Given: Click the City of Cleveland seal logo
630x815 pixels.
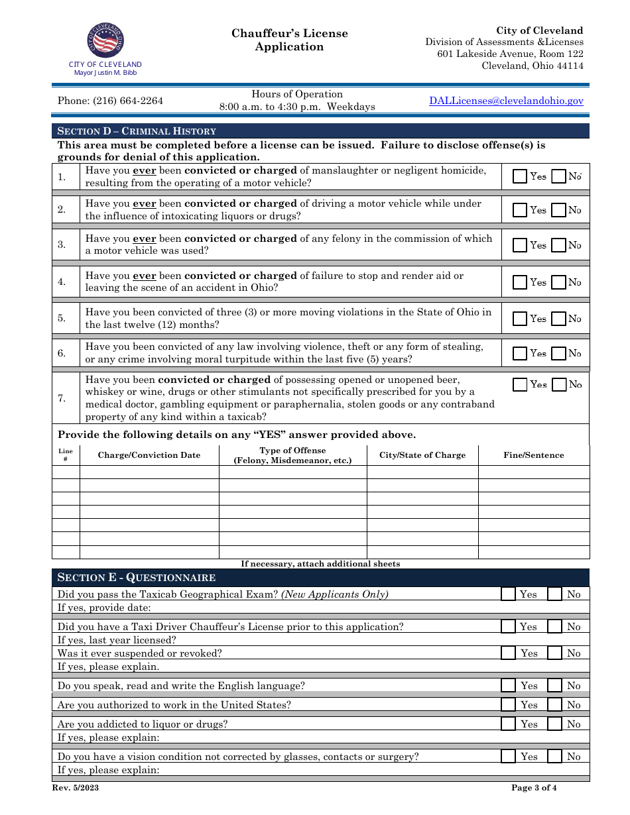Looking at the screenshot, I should [105, 40].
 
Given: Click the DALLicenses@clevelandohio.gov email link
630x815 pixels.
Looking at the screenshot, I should [506, 101].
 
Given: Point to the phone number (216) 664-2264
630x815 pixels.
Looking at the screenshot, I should [110, 101].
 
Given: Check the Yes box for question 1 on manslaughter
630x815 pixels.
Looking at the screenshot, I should [521, 176].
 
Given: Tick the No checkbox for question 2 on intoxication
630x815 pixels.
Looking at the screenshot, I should [559, 210].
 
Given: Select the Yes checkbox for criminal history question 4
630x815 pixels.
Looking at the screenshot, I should [521, 282].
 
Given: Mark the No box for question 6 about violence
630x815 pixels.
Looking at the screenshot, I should [559, 353].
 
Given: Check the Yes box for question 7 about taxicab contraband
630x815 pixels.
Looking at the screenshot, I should [521, 384].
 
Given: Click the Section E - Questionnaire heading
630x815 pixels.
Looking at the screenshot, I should [137, 577].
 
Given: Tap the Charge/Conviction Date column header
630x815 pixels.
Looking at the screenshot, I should [149, 455].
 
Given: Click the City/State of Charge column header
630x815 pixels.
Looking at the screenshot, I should [422, 455].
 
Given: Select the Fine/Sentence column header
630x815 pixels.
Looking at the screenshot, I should [534, 455].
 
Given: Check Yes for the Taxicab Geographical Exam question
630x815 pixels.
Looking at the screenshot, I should [508, 594].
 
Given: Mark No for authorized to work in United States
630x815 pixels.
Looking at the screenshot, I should [555, 705].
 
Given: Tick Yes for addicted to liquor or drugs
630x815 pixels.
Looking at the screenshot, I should [508, 724].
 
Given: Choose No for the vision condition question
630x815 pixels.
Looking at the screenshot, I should [555, 757].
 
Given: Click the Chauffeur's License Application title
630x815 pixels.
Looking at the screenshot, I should [290, 40].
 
